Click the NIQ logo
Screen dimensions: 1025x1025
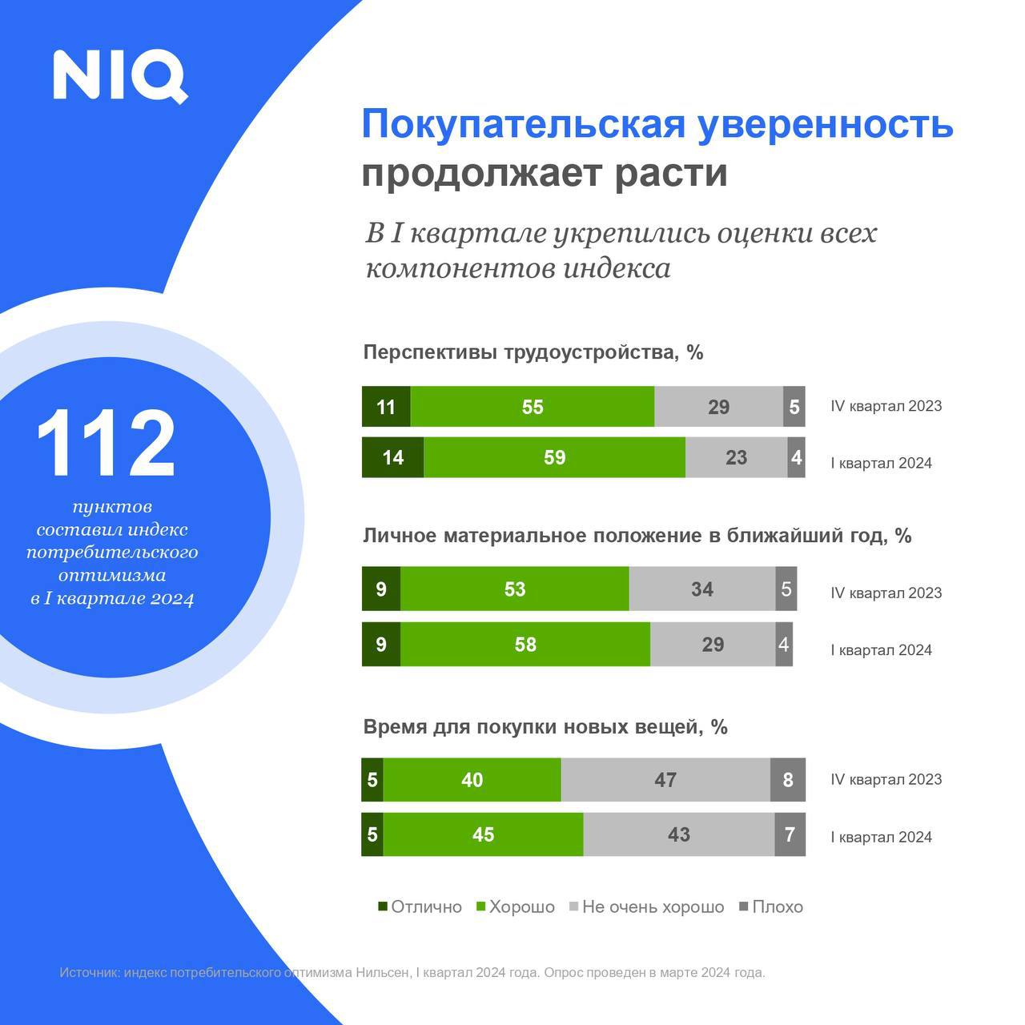[x=120, y=76]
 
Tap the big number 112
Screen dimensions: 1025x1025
[x=106, y=444]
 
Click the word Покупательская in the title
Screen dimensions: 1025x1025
[x=525, y=125]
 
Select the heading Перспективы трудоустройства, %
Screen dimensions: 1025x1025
[x=533, y=352]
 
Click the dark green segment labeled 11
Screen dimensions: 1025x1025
[x=386, y=407]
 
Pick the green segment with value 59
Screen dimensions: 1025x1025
[x=554, y=457]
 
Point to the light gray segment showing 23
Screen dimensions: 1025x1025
[x=736, y=457]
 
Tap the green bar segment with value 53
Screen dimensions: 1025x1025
[x=515, y=589]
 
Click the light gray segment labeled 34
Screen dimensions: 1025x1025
[x=702, y=589]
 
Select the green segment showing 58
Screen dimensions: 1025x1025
[x=525, y=645]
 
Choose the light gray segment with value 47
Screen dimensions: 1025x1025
[x=665, y=780]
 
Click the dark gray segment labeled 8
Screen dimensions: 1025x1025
[x=788, y=780]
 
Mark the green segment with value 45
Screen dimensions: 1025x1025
[x=483, y=834]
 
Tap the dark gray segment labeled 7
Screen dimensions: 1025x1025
[x=790, y=834]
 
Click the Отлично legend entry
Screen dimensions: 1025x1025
[x=420, y=906]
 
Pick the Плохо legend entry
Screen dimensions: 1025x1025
[x=770, y=906]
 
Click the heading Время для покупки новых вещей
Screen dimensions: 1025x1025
[x=545, y=727]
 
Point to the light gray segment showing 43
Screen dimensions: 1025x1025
[x=678, y=834]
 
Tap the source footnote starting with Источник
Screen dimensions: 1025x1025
[x=412, y=973]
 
